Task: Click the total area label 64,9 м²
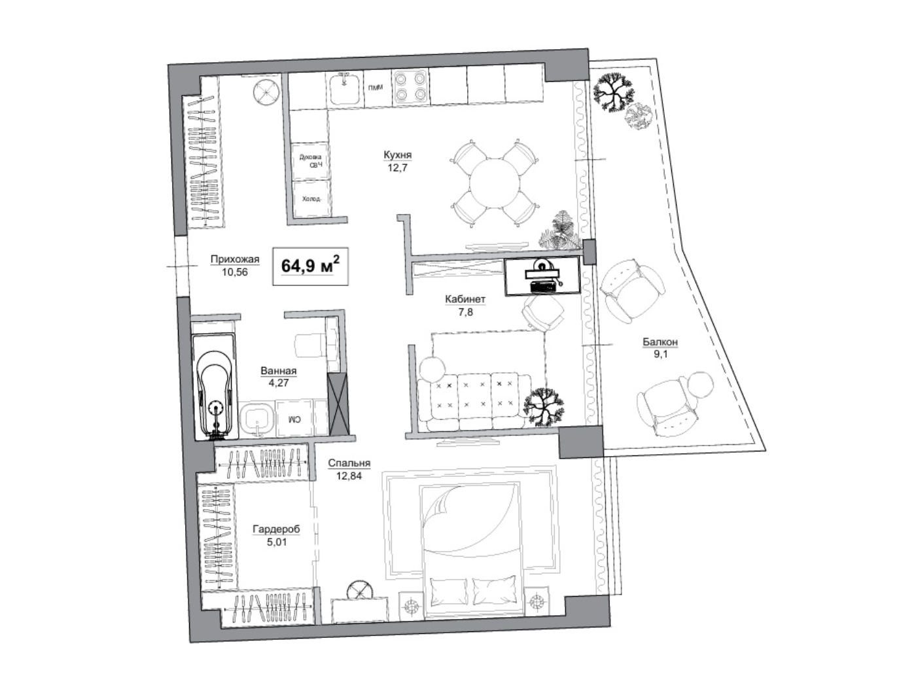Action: pos(310,265)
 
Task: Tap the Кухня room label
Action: pos(397,155)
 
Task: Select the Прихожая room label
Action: pos(234,259)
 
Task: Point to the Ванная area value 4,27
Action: pos(279,383)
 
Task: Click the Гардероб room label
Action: pos(276,529)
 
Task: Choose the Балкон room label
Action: pos(660,342)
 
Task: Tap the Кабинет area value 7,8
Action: pos(465,311)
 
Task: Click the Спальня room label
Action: pos(349,463)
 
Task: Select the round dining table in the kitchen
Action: pos(494,184)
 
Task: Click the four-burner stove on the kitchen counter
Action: pos(410,86)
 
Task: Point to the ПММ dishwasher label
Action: pos(375,88)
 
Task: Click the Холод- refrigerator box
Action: pos(311,199)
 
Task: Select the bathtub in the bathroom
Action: pos(215,387)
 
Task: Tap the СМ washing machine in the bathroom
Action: pos(294,418)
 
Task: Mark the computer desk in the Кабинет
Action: pos(542,275)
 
